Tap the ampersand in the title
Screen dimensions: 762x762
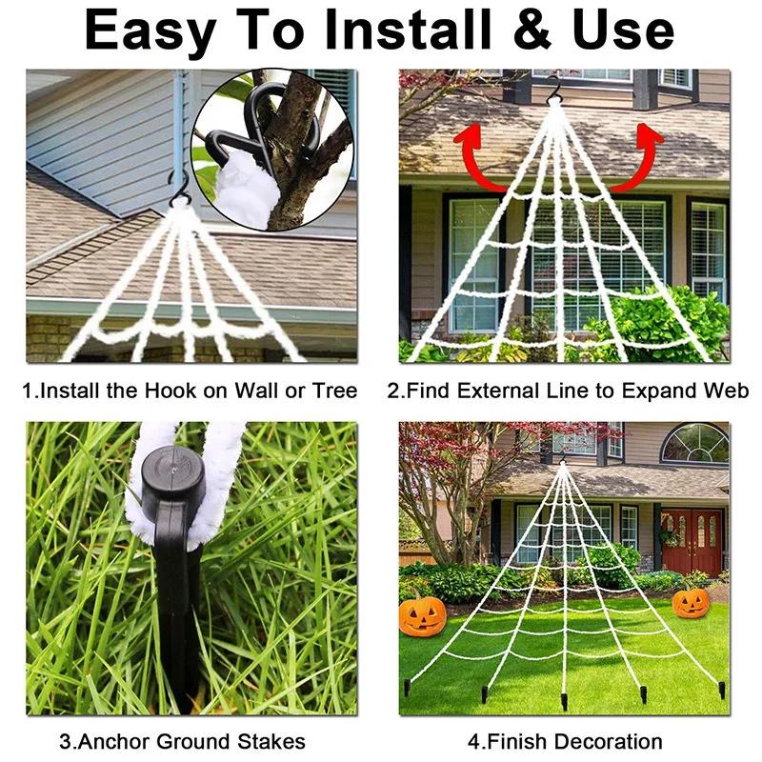530,31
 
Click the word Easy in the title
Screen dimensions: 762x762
150,33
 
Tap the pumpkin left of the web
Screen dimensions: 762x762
422,614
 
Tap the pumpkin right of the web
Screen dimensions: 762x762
691,602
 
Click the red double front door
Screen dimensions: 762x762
692,541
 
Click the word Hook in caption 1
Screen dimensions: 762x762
178,391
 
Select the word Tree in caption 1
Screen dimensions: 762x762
334,391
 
